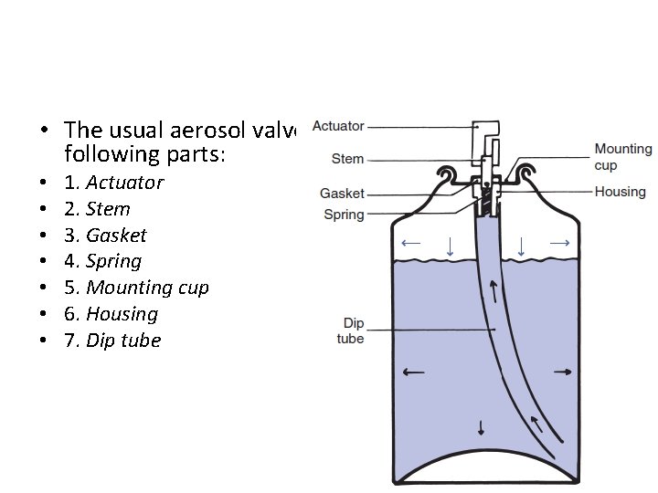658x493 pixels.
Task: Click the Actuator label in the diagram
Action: pos(338,126)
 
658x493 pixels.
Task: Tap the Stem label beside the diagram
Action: pos(347,159)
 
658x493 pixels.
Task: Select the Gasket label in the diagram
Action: pos(342,194)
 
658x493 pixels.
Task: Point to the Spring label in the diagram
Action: pos(344,215)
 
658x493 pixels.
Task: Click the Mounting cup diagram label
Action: pos(623,156)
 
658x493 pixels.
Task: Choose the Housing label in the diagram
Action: pos(620,192)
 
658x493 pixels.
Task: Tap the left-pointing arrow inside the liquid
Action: pos(413,372)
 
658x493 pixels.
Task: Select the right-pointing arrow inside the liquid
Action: pos(563,372)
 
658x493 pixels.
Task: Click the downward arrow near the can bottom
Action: pos(481,429)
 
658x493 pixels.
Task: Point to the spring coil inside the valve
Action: pos(487,195)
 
